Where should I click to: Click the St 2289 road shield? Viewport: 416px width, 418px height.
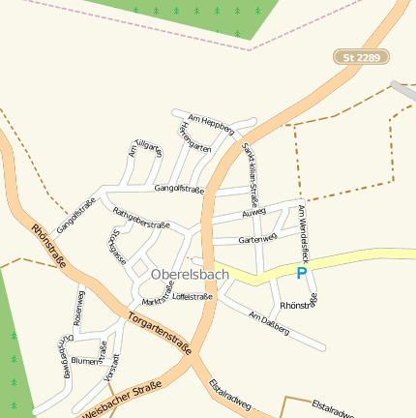(363, 58)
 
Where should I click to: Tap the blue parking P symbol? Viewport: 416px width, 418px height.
(302, 274)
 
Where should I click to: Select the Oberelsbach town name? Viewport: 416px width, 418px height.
(192, 276)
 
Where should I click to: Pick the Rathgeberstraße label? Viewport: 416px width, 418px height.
(141, 217)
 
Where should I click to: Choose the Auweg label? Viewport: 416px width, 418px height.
(253, 213)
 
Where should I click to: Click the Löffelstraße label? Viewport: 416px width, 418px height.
(193, 297)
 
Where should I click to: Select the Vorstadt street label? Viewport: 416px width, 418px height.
(117, 369)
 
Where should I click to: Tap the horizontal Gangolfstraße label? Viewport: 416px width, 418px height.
(179, 190)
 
